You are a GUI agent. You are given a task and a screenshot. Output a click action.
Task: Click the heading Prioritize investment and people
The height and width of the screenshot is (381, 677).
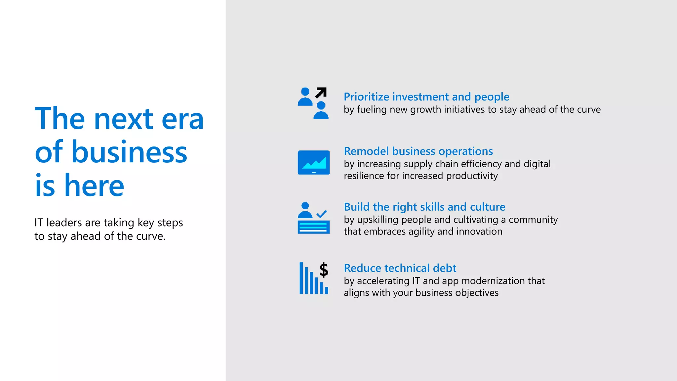click(426, 97)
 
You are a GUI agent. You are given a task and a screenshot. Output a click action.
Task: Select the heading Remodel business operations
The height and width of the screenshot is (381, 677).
click(418, 151)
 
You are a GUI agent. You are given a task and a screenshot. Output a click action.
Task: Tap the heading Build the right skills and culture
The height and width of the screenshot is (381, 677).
click(424, 207)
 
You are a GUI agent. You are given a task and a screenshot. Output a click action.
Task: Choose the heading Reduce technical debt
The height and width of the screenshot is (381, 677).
click(400, 268)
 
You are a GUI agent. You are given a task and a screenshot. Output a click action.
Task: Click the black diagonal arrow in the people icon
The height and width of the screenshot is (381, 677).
click(321, 93)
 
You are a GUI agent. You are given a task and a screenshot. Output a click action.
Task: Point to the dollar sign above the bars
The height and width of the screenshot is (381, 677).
click(324, 270)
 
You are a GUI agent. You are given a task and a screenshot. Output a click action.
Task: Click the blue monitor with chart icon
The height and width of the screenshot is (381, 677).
click(313, 162)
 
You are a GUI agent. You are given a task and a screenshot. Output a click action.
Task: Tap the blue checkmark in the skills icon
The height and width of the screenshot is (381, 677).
click(322, 214)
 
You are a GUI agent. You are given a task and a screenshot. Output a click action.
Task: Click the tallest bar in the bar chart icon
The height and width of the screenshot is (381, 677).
click(301, 278)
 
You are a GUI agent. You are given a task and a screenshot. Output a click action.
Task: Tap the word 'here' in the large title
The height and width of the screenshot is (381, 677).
click(94, 186)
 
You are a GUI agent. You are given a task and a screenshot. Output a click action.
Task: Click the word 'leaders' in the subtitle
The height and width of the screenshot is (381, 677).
click(64, 223)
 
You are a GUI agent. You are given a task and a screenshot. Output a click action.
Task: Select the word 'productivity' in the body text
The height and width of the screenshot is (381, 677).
click(472, 176)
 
